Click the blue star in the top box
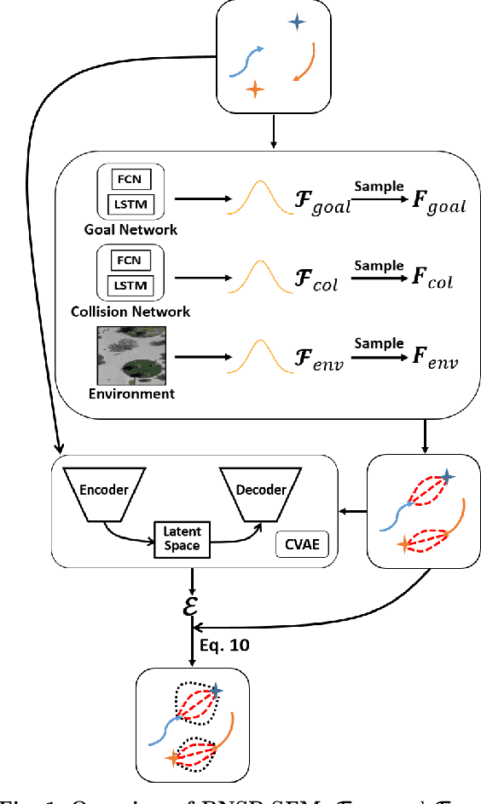(296, 23)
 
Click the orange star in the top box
(253, 89)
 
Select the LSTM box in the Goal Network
(130, 204)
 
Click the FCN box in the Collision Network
(130, 259)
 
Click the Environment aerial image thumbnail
(130, 355)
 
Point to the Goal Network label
(130, 229)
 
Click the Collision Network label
(130, 312)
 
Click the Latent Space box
(182, 539)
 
